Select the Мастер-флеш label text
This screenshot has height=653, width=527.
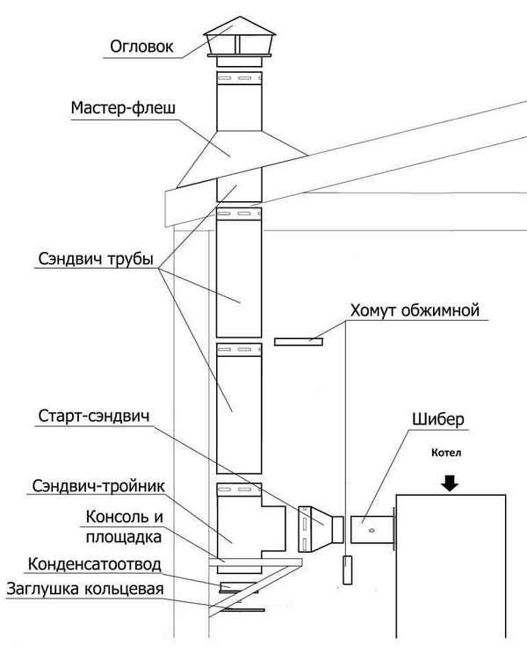coord(123,109)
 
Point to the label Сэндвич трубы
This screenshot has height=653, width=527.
coord(97,260)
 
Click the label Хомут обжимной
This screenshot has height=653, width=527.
coord(413,310)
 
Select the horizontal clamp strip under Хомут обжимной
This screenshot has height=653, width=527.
coord(299,340)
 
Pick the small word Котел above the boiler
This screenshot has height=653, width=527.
coord(448,453)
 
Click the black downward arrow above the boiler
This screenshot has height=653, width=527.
coord(450,481)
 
